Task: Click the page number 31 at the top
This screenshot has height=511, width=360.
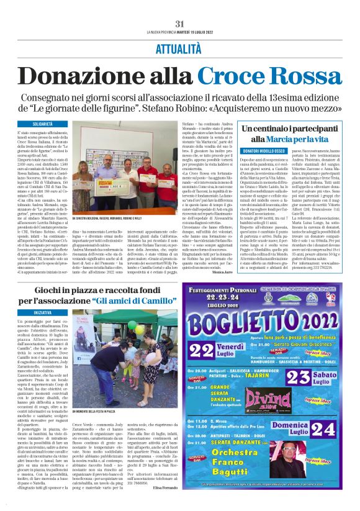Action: pyautogui.click(x=179, y=24)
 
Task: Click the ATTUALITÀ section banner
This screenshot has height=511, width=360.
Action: pyautogui.click(x=179, y=47)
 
